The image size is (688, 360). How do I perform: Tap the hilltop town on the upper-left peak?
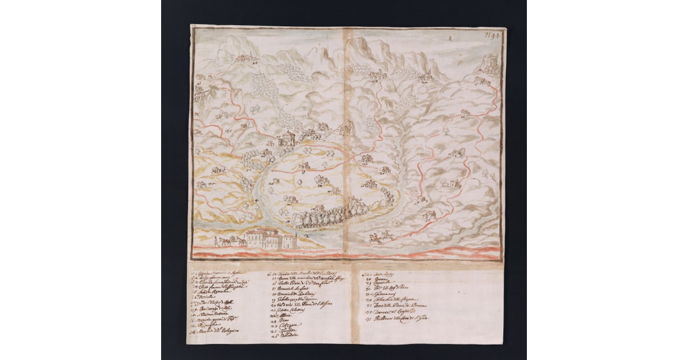[245, 58]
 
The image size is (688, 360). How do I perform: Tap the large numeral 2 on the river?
[307, 234]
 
